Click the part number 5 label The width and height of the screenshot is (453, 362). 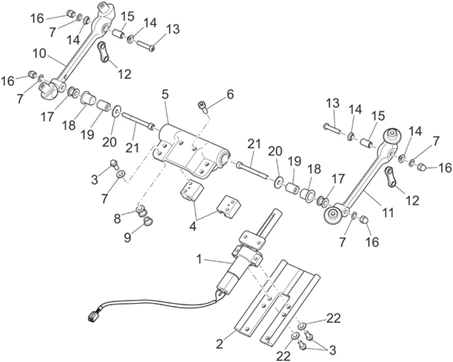click(165, 94)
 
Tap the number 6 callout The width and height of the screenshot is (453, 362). click(230, 94)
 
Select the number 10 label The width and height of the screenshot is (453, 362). click(40, 53)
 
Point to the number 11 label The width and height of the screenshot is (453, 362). click(388, 212)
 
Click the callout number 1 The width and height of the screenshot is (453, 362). click(199, 259)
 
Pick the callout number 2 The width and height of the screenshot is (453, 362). click(219, 344)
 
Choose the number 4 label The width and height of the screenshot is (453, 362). click(193, 227)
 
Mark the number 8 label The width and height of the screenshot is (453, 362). click(117, 219)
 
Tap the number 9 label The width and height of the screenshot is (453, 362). click(127, 238)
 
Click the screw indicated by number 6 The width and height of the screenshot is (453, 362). click(203, 107)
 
